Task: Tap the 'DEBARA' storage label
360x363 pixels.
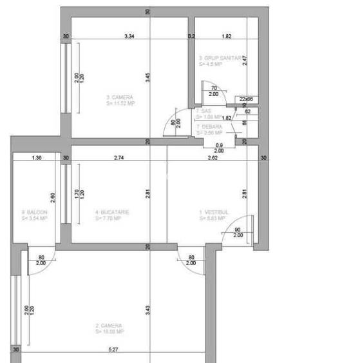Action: tap(210, 127)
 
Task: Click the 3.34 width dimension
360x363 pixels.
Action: tap(129, 37)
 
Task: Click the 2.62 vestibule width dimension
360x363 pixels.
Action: tap(212, 157)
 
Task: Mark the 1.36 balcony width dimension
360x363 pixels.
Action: tap(36, 157)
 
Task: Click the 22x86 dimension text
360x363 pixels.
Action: tap(246, 99)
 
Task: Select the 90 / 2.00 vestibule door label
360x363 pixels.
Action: tap(238, 232)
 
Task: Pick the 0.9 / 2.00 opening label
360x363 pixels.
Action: tap(219, 148)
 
